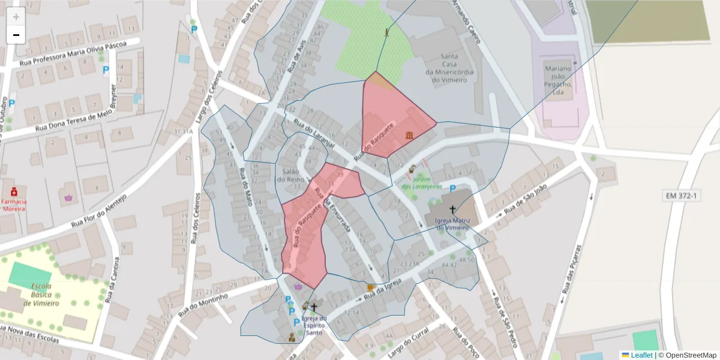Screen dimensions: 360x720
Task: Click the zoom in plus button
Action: pos(16,17)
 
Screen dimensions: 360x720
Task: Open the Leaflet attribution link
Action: pos(641,355)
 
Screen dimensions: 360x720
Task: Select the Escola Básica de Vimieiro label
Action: pos(41,295)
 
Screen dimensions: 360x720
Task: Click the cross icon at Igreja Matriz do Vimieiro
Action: pos(452,211)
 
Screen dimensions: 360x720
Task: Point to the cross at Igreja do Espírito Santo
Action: pos(313,307)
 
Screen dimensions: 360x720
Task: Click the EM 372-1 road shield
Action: pos(682,196)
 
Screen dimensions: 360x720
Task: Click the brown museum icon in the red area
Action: pos(409,134)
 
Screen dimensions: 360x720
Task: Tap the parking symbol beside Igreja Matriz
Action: pos(452,188)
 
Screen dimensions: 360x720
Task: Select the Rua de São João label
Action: pos(526,199)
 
